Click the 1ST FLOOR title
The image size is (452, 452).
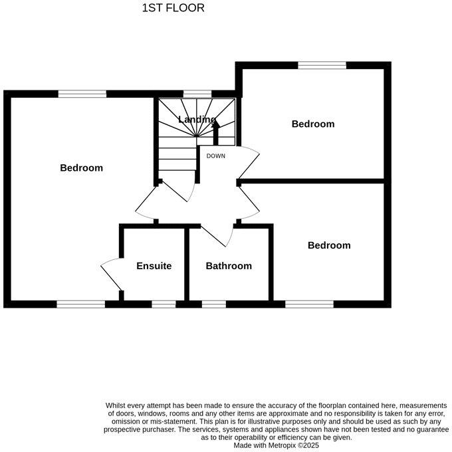click(173, 9)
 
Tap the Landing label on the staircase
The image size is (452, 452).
click(197, 120)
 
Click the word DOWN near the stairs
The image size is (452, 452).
click(216, 156)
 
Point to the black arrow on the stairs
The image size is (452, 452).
click(215, 131)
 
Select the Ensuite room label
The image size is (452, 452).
click(154, 266)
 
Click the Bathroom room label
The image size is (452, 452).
click(229, 266)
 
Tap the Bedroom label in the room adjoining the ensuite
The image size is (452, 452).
click(81, 168)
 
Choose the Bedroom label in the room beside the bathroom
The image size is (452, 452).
click(328, 245)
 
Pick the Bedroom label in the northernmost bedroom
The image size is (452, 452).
click(312, 124)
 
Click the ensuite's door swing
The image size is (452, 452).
click(110, 274)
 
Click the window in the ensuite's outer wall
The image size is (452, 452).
click(164, 304)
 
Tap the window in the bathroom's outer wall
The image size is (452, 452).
click(213, 304)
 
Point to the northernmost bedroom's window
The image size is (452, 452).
click(322, 65)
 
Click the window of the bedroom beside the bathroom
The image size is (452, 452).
click(309, 304)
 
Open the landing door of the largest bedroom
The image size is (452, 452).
click(146, 203)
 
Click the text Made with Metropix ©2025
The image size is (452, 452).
click(276, 445)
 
